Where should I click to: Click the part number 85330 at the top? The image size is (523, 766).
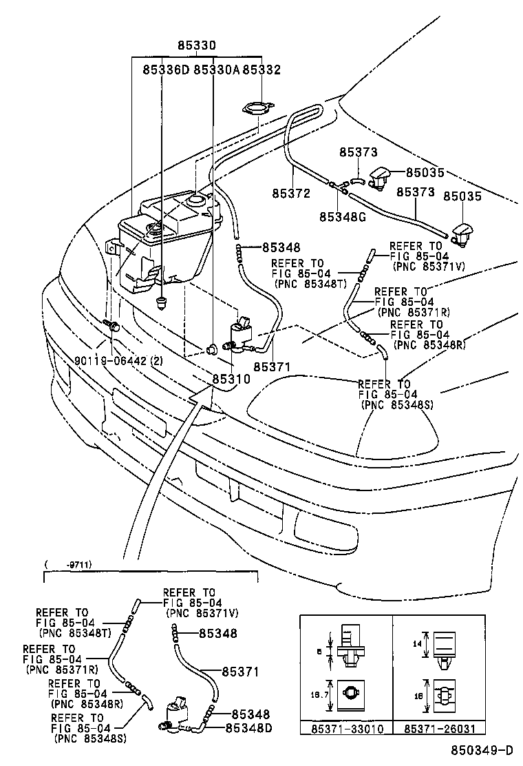[197, 46]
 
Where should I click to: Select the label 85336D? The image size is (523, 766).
[165, 70]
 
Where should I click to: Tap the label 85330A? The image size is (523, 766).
[216, 70]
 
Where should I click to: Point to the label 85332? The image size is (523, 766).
[261, 70]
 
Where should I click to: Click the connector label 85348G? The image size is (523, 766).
[341, 216]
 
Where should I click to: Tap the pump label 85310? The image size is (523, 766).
[231, 378]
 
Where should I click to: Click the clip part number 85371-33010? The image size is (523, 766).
[345, 747]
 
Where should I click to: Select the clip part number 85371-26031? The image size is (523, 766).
[439, 747]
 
